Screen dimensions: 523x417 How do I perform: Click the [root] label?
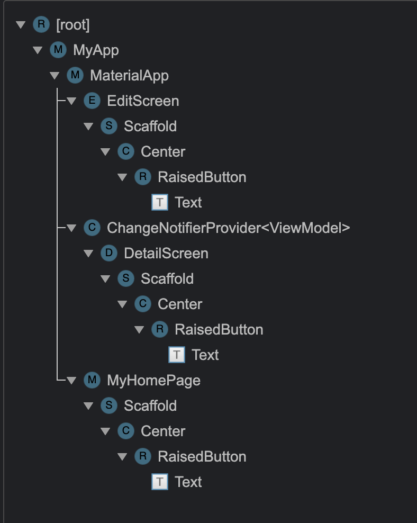point(72,25)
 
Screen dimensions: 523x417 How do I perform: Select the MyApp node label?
point(96,50)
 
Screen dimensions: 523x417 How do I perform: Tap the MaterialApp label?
point(129,76)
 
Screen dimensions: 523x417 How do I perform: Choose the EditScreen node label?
point(143,101)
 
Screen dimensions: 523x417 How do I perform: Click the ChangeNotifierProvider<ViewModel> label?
point(228,228)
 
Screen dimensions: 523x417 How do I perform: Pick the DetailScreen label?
point(166,254)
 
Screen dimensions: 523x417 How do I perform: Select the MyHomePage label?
point(153,381)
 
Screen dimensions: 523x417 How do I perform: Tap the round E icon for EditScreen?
point(92,101)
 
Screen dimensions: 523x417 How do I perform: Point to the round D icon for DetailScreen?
point(108,253)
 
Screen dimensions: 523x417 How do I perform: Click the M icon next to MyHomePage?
point(92,380)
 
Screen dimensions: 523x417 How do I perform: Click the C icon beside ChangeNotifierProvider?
point(92,228)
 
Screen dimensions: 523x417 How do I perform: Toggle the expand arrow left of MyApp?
point(37,50)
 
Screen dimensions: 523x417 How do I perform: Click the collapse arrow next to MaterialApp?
point(54,76)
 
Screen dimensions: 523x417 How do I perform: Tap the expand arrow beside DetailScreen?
point(88,254)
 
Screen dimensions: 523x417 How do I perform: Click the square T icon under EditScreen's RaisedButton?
point(159,202)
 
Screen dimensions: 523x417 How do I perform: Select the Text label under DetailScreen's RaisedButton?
point(205,355)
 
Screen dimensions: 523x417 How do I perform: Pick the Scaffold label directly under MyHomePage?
point(150,406)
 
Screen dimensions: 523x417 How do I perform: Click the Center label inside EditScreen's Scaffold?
point(163,152)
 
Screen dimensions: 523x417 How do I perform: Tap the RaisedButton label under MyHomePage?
point(202,457)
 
